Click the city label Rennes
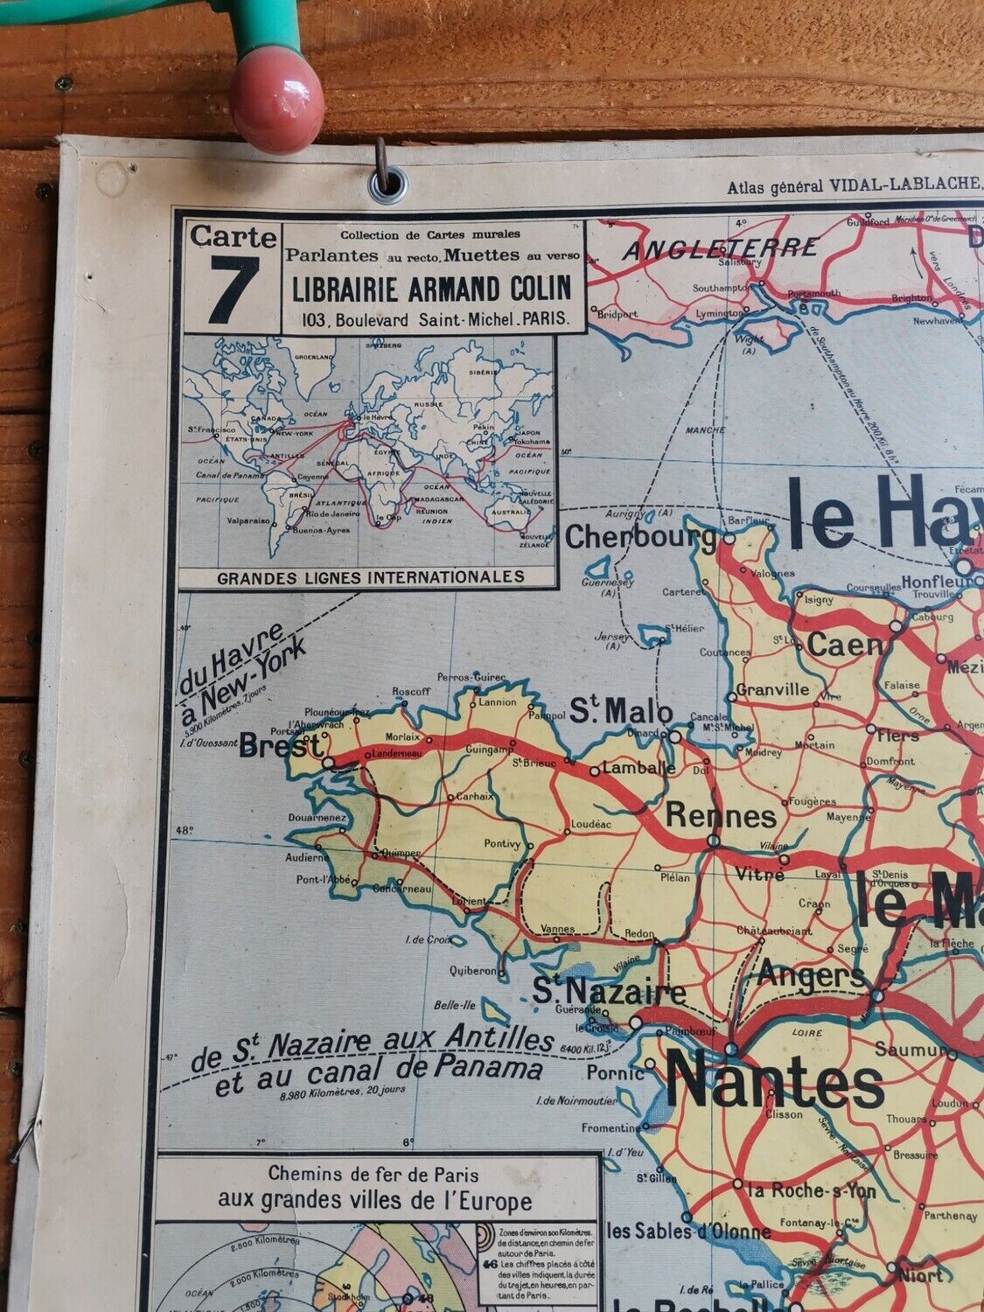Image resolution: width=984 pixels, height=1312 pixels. coord(721,815)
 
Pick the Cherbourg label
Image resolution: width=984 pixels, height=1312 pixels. coord(640,537)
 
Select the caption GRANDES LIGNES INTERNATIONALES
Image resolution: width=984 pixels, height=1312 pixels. coord(370,576)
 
